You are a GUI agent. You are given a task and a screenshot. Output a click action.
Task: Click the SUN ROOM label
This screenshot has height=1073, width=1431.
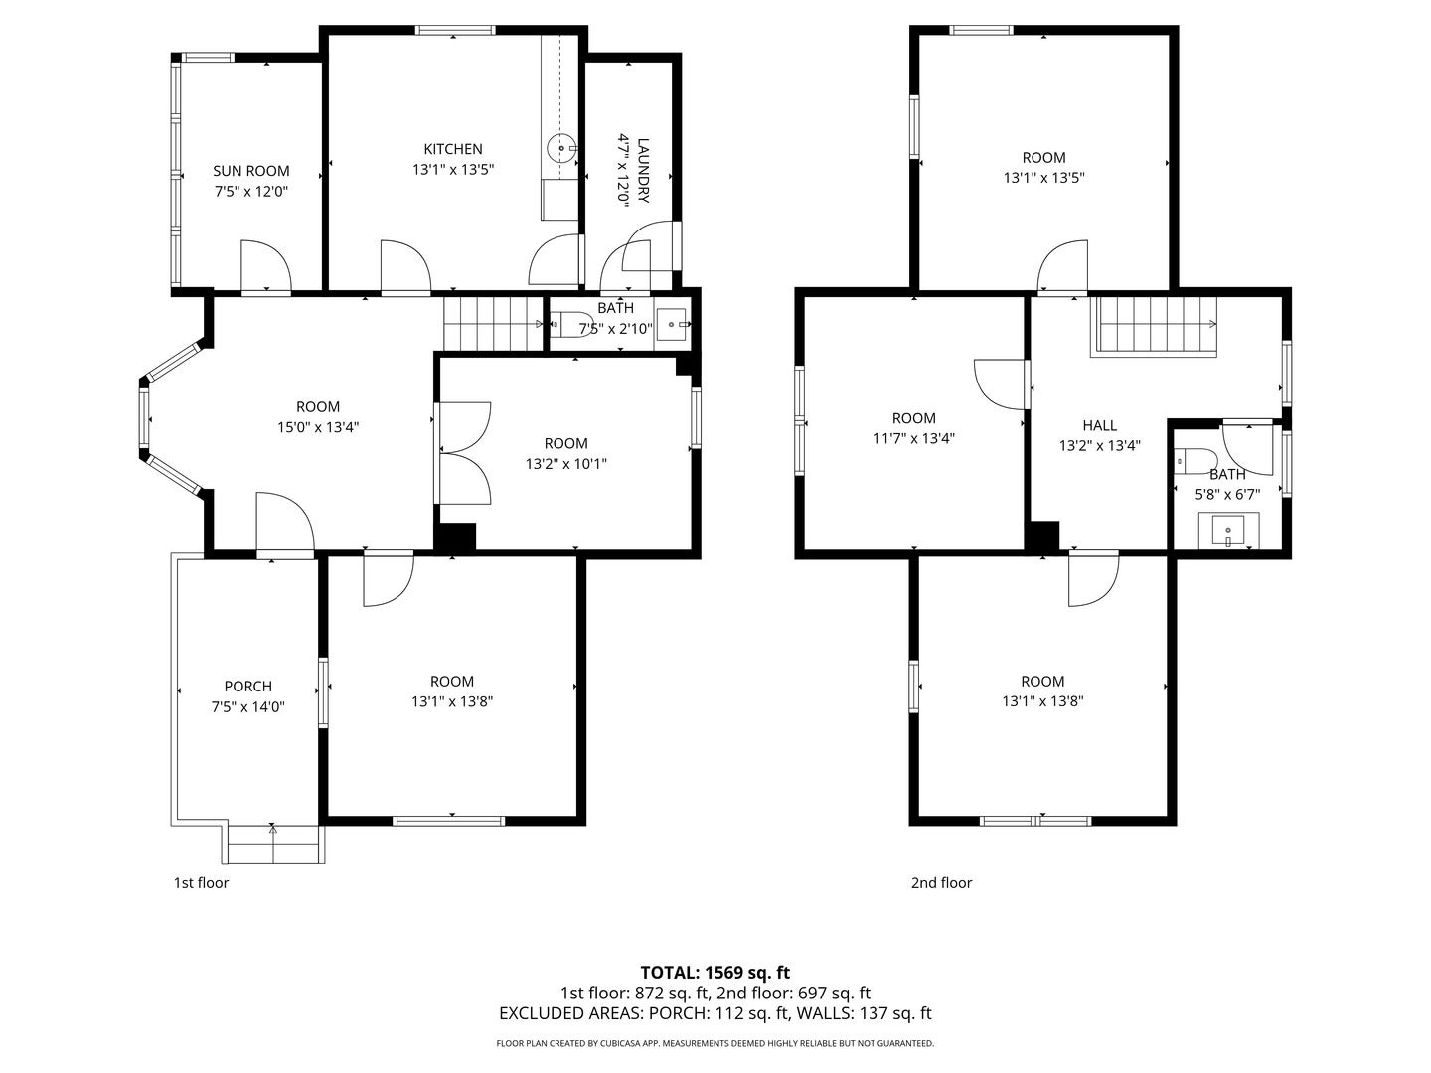click(251, 171)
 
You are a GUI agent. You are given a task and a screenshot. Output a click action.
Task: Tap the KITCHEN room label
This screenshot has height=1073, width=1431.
click(453, 149)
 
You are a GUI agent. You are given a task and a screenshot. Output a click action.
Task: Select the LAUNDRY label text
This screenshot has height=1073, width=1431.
click(643, 170)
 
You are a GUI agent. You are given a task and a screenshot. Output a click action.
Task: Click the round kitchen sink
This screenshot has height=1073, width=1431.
click(561, 149)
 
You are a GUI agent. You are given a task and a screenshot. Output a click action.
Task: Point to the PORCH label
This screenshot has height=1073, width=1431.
click(247, 686)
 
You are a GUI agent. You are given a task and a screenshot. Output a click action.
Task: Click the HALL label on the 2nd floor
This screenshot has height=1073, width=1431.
click(1100, 425)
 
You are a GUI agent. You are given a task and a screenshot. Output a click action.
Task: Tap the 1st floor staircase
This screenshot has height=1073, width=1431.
click(494, 324)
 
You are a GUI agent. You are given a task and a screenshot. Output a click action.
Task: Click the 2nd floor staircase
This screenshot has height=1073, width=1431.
click(1154, 327)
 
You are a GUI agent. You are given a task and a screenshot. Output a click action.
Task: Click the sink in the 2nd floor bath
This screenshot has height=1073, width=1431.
click(1228, 531)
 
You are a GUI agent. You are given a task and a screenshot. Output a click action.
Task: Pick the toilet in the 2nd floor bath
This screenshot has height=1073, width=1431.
click(1195, 461)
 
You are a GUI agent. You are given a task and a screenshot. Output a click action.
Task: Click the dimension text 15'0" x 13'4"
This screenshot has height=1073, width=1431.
click(318, 427)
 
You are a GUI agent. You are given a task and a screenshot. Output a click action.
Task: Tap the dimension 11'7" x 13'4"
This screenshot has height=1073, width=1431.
click(914, 438)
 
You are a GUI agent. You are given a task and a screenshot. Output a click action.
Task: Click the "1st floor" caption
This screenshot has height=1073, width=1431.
click(201, 883)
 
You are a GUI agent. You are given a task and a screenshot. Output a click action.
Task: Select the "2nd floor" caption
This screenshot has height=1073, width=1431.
click(941, 883)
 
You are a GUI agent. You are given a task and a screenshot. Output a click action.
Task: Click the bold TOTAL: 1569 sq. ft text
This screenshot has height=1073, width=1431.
click(715, 973)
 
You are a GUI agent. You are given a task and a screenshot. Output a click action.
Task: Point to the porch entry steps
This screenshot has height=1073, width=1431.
click(276, 844)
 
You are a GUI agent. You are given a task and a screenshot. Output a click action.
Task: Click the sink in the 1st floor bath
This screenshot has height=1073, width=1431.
click(672, 324)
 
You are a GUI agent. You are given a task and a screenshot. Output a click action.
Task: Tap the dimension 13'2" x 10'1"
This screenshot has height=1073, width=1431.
click(565, 464)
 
